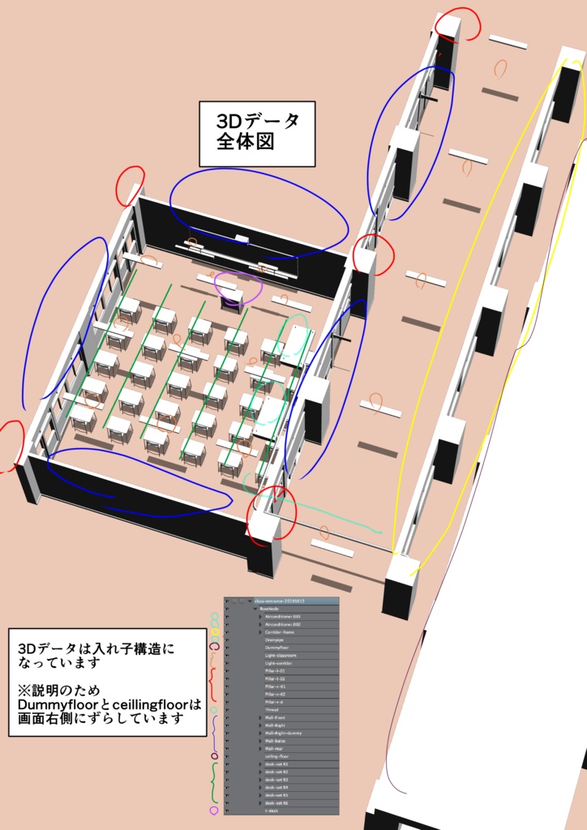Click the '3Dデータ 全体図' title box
(x=257, y=134)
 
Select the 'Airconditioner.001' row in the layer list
(x=283, y=617)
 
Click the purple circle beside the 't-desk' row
(x=214, y=811)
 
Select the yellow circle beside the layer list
(x=215, y=632)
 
